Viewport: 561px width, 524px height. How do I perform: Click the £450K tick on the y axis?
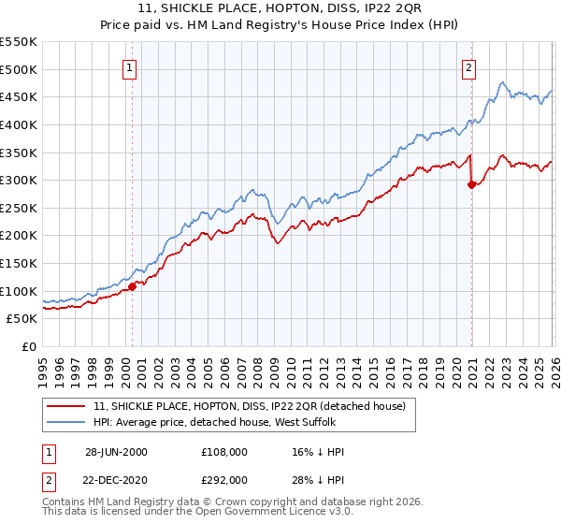tap(19, 96)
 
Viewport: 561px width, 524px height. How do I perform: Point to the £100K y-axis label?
tap(19, 291)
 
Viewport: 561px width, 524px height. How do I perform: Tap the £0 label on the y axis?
tap(29, 346)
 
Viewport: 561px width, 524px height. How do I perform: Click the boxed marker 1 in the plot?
tap(128, 66)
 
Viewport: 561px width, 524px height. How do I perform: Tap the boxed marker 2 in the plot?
tap(467, 66)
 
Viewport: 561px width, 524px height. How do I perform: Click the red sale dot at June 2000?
tap(132, 286)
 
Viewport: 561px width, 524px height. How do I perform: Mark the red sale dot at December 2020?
tap(471, 184)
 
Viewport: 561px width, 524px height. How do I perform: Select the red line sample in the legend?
tap(68, 407)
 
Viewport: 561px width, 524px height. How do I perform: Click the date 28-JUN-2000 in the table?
tap(116, 452)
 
